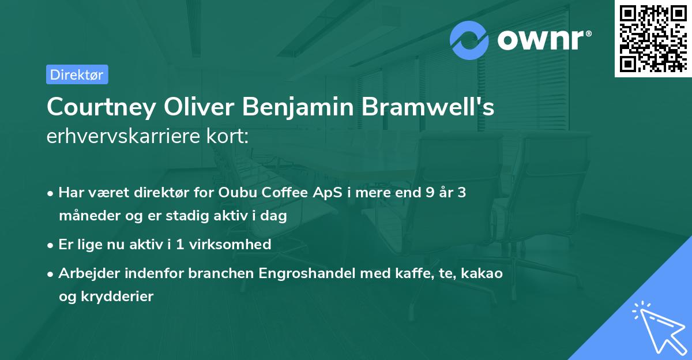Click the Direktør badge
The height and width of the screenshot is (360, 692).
[77, 74]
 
